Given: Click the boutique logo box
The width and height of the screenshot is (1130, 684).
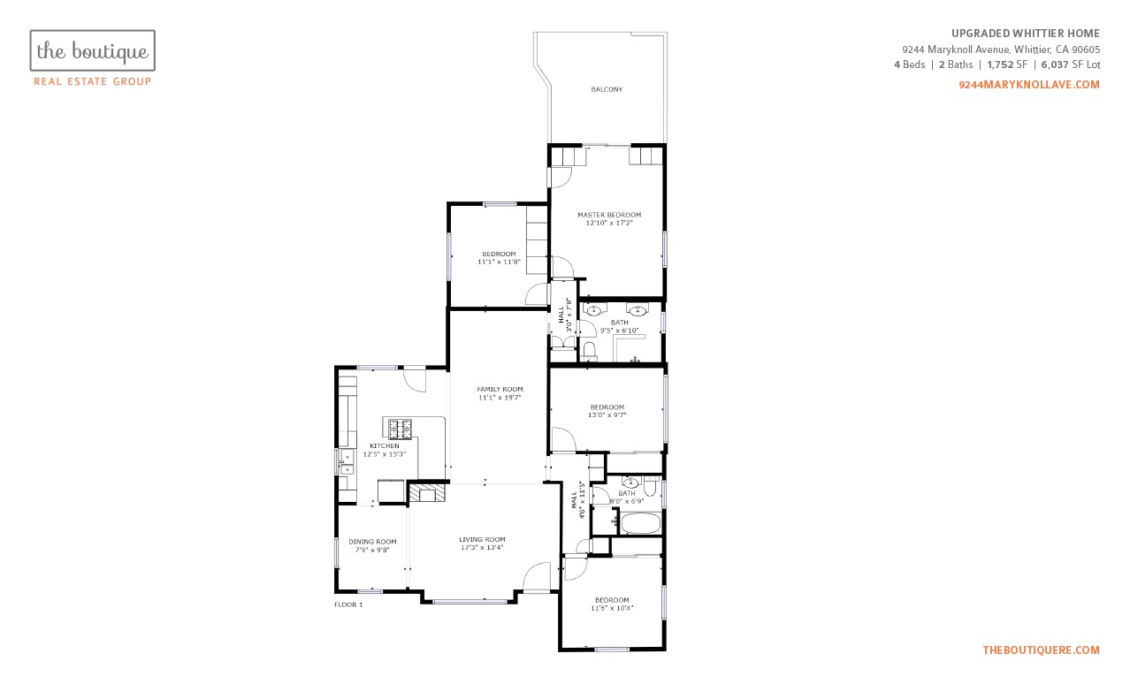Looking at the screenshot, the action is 92,50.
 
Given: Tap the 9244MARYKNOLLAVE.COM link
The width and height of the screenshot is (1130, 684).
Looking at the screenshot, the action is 1029,85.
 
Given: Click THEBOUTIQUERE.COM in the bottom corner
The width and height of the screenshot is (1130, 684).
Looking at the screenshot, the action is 1041,650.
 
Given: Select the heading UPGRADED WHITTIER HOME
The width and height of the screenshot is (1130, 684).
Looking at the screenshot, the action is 1025,34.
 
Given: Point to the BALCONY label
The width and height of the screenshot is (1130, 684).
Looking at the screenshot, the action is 607,89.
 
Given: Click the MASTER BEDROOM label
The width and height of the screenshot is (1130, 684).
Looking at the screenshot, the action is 609,215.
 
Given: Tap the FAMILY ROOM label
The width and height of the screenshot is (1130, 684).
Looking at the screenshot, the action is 500,389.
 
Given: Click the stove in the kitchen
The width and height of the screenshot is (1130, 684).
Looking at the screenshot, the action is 400,429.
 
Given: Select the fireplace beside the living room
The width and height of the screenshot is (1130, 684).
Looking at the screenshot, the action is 427,493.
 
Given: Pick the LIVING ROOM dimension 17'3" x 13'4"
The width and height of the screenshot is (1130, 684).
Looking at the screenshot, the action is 482,547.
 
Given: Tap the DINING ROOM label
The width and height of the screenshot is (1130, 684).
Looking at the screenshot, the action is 372,542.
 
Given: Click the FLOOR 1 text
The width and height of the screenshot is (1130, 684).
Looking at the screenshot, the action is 348,604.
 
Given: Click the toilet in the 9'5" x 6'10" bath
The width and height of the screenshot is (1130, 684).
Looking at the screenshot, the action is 589,352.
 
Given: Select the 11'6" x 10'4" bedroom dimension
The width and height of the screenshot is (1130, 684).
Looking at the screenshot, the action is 612,608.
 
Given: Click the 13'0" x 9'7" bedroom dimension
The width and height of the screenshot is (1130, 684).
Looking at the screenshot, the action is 607,415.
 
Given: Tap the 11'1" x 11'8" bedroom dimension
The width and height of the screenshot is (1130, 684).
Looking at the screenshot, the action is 499,262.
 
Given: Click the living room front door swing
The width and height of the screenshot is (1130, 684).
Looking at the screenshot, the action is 536,576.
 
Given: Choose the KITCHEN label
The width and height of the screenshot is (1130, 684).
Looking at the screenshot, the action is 385,446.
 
